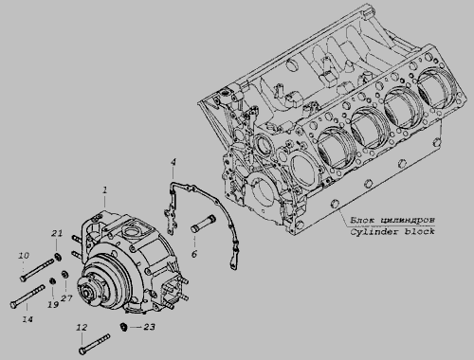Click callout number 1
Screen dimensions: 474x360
pos(104,190)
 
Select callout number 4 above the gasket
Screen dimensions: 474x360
pos(173,162)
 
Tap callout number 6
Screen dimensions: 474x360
pos(194,254)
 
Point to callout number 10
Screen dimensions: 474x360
pos(24,256)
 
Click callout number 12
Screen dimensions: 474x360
pos(82,328)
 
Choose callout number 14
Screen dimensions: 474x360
pos(27,319)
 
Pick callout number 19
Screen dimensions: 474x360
pos(53,304)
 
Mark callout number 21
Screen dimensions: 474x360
pos(57,234)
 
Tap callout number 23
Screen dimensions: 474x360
pos(150,327)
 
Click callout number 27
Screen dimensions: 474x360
pos(66,298)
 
